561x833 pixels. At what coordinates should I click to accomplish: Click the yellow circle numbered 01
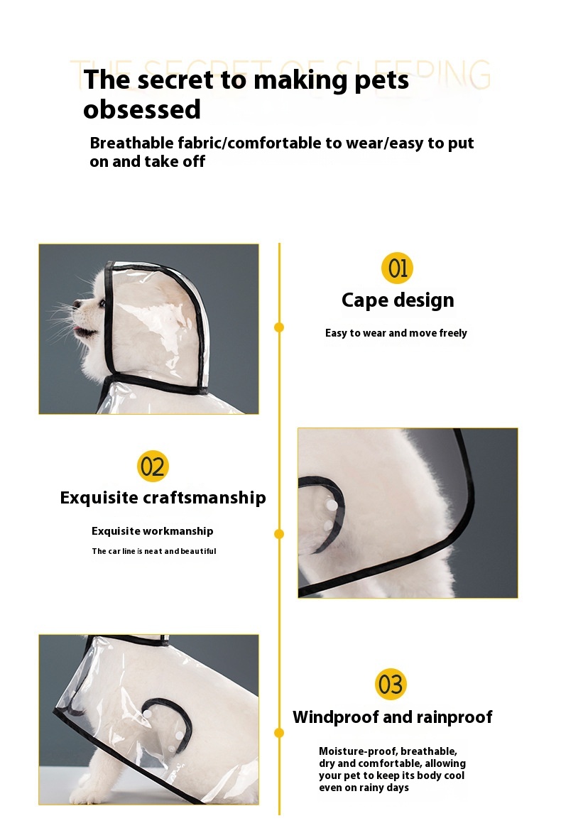tap(397, 268)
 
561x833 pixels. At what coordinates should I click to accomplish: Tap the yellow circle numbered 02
tap(153, 466)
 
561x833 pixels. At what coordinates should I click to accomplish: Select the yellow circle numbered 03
tap(391, 685)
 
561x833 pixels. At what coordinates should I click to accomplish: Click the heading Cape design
tap(397, 300)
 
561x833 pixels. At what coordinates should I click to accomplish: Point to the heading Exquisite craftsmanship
tap(163, 498)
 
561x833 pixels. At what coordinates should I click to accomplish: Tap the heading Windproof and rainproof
tap(392, 717)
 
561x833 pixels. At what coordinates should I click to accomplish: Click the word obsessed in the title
tap(142, 110)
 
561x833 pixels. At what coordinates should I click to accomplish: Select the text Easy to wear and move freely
tap(396, 333)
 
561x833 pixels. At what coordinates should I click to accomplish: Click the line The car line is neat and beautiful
tap(153, 551)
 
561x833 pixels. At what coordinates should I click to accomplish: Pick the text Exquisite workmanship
tap(152, 531)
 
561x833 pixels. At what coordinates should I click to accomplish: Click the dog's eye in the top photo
tap(102, 303)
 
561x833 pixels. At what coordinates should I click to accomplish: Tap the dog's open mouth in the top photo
tap(83, 331)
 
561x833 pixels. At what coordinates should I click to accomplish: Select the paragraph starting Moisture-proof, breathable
tap(392, 769)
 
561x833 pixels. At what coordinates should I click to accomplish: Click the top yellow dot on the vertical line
tap(279, 327)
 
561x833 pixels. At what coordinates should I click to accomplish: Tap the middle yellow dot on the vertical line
tap(279, 533)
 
